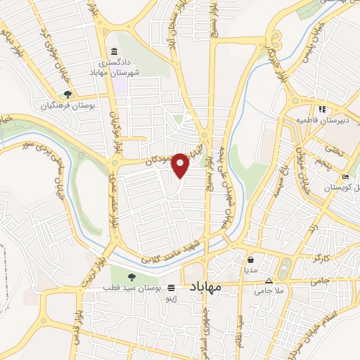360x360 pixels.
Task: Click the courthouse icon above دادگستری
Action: point(115,51)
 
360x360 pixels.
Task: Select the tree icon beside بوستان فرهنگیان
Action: point(67,94)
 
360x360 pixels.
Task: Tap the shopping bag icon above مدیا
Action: point(250,258)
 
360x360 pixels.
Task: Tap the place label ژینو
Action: point(170,299)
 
